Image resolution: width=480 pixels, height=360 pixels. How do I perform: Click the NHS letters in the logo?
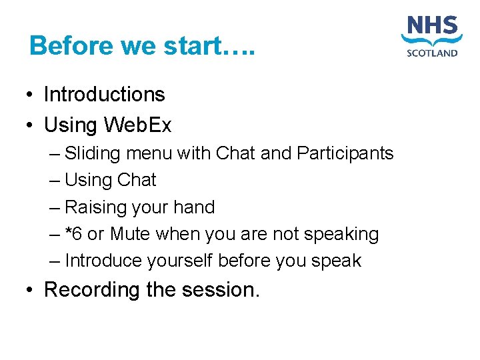(x=432, y=28)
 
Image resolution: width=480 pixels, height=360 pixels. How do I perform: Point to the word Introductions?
(x=104, y=95)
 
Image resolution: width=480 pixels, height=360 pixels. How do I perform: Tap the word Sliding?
(x=93, y=153)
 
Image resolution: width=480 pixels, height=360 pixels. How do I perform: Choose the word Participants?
(x=345, y=153)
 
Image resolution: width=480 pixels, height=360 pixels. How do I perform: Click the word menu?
(x=148, y=153)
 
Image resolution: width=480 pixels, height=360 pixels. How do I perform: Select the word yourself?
(x=185, y=261)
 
